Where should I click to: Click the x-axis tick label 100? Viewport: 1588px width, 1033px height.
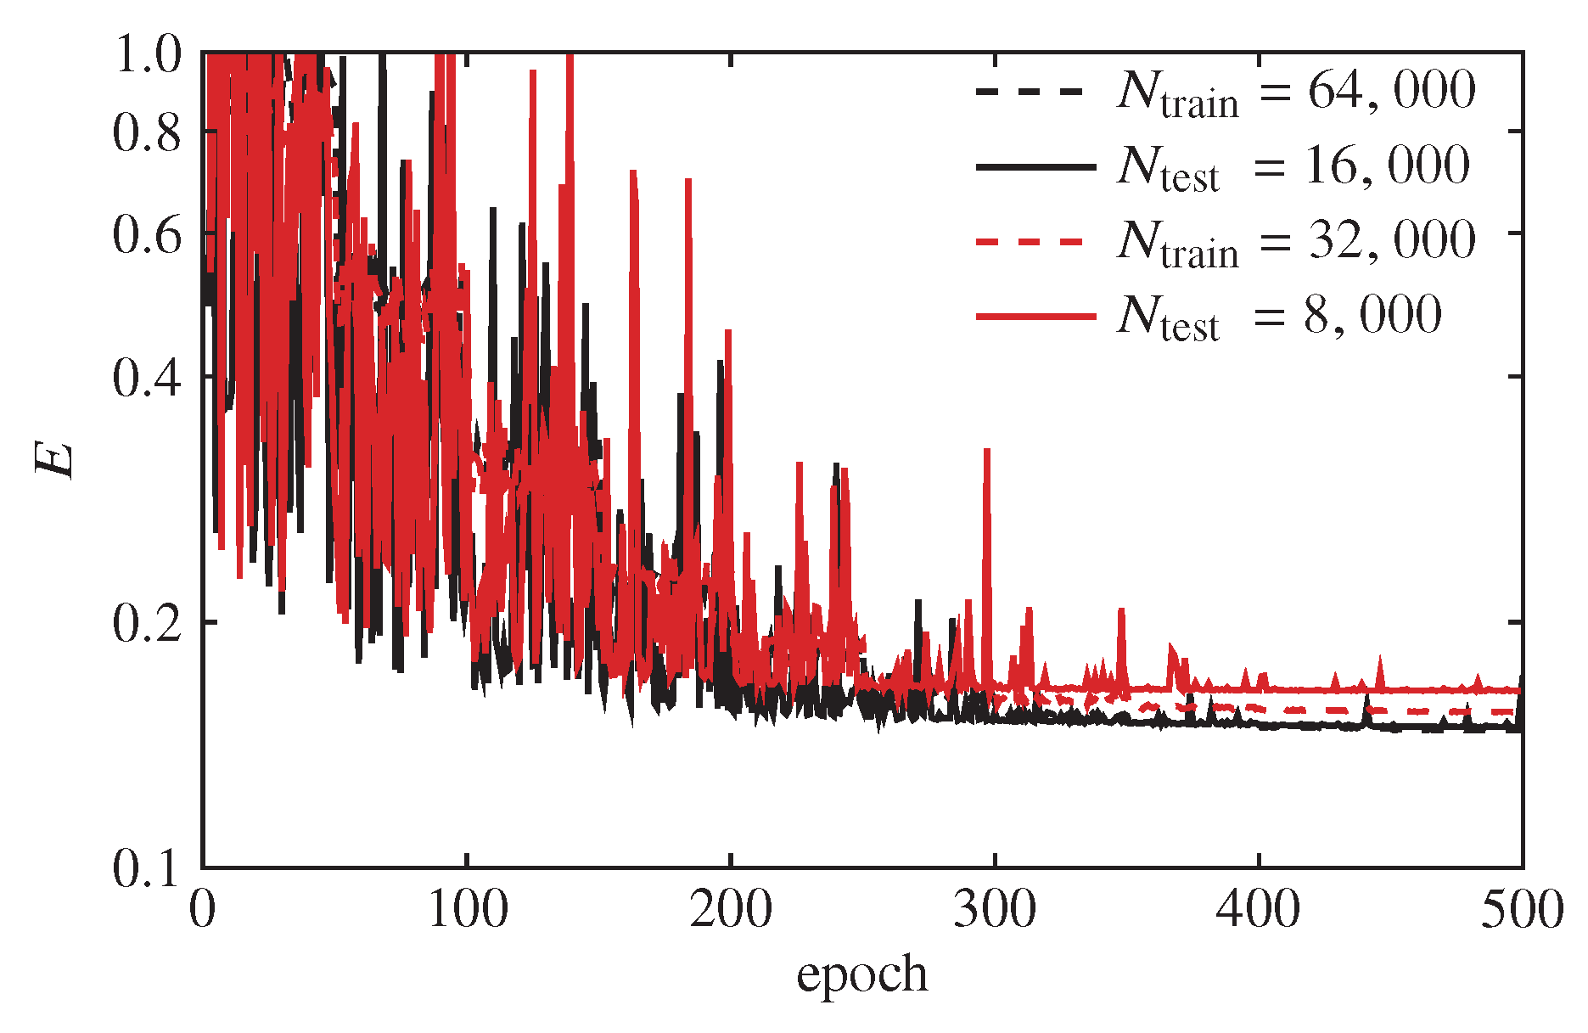467,911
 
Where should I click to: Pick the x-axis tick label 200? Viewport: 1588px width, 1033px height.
731,911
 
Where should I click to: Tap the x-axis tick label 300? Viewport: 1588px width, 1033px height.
994,911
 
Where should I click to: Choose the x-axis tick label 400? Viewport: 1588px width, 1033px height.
1258,911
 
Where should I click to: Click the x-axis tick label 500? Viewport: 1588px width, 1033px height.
1521,911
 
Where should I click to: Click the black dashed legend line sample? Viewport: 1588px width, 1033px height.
1030,91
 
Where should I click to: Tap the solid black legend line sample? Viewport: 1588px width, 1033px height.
1035,167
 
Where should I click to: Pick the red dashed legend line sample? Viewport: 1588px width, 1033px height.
1030,242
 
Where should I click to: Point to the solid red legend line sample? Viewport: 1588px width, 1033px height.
1035,317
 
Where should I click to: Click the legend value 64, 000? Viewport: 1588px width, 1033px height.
1391,91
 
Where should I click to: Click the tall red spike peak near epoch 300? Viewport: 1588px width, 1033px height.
987,452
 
